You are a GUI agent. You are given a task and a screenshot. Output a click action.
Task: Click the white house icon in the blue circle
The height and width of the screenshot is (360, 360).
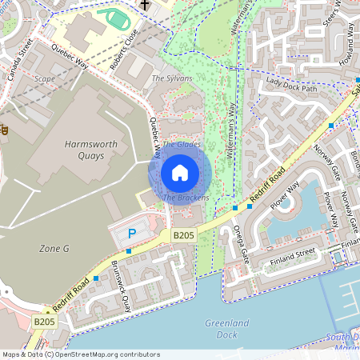point(180,172)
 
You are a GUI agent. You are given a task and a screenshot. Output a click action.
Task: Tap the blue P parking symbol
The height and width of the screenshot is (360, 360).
point(133,233)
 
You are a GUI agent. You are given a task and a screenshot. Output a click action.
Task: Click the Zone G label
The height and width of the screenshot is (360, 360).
point(54,249)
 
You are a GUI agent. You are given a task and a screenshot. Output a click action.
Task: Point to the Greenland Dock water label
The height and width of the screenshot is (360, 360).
point(226,328)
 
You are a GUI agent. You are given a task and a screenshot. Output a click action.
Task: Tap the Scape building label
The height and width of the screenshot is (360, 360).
point(44,79)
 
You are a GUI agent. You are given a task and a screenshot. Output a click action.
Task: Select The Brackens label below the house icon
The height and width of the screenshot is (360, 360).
point(186,197)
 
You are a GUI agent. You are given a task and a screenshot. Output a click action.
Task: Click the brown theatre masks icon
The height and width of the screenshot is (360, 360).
point(3,128)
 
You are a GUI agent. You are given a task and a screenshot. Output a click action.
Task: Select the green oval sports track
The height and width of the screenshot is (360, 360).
point(112,18)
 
